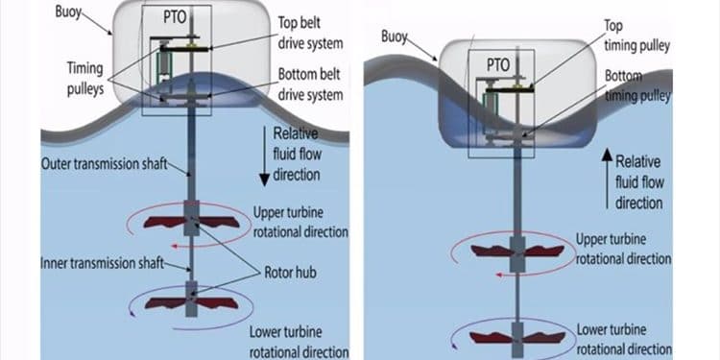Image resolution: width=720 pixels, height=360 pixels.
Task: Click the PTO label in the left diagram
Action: click(175, 18)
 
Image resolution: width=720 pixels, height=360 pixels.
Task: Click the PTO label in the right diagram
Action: click(498, 65)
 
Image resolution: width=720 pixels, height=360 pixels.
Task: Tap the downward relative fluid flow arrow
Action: click(265, 156)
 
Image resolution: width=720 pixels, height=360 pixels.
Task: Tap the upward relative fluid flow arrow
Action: click(607, 180)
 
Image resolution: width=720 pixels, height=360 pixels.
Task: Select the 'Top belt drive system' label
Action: click(310, 33)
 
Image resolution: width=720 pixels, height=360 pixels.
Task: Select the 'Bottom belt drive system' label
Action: click(310, 84)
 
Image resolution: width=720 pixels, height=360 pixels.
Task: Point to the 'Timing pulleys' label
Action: click(84, 79)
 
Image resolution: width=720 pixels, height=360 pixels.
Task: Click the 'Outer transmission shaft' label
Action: click(105, 164)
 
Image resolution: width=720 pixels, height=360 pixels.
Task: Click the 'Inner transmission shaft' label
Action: click(103, 263)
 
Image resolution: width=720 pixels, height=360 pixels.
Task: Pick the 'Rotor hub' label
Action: click(290, 273)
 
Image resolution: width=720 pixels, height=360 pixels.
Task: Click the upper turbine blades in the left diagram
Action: click(191, 223)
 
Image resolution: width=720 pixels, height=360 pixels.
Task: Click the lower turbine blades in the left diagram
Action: click(191, 303)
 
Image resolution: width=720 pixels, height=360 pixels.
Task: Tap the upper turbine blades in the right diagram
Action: click(517, 251)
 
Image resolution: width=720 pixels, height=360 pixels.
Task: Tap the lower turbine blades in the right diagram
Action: click(517, 338)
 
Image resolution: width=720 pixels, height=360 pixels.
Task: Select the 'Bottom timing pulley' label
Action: click(637, 85)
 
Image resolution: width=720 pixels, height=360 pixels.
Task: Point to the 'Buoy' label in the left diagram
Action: click(68, 12)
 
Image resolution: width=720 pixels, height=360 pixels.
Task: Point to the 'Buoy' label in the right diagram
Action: click(394, 36)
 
